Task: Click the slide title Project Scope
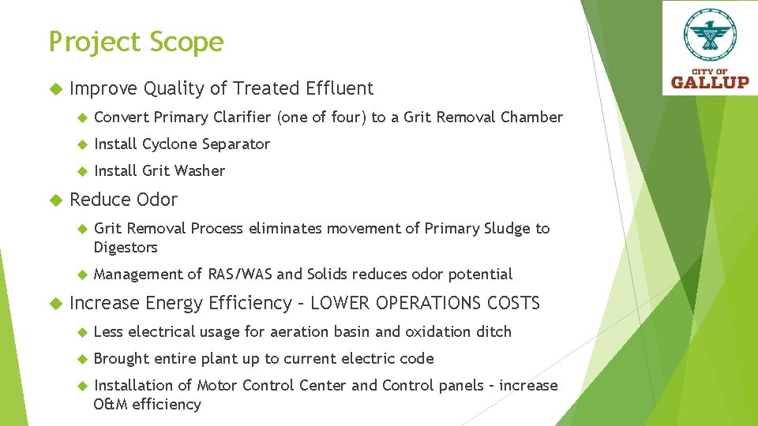coord(136,42)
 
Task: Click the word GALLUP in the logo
coord(710,80)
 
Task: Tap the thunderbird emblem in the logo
coord(710,35)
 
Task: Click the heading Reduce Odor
coord(124,200)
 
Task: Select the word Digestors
coord(126,248)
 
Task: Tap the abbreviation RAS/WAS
coord(240,275)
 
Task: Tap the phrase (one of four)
coord(322,118)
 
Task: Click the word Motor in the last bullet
coord(217,386)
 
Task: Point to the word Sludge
coord(506,229)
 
